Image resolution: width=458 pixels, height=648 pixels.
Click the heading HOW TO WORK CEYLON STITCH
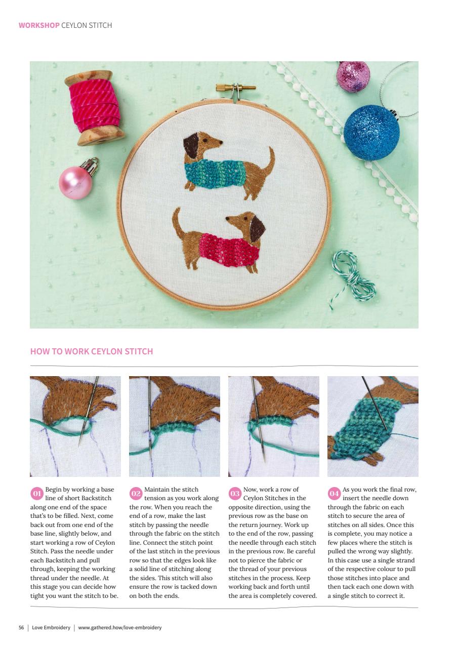[92, 351]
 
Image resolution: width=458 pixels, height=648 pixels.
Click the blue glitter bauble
[371, 133]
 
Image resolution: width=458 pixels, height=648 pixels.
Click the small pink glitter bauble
[353, 76]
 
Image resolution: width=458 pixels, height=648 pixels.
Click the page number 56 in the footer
[21, 628]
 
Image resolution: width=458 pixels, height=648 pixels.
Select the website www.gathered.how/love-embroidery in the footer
[120, 628]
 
